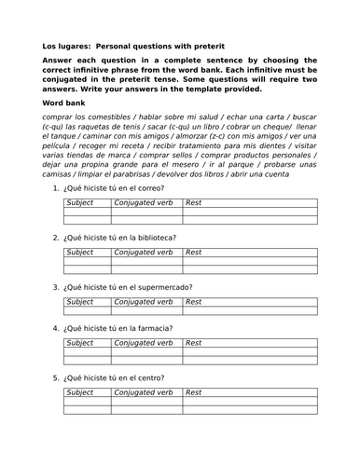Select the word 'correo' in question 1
coord(151,188)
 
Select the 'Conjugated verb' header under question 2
coord(144,252)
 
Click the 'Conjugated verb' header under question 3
coord(144,301)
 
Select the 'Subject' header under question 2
coord(80,252)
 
